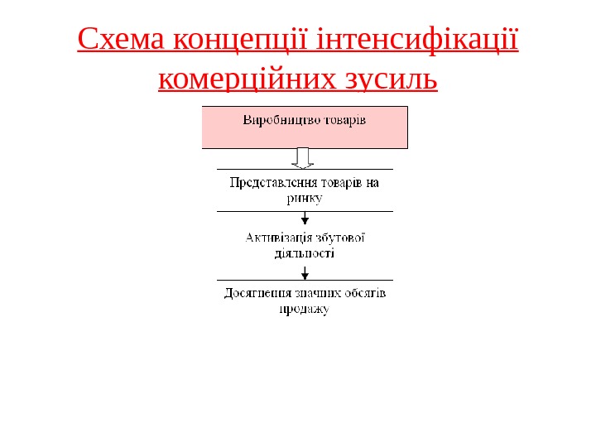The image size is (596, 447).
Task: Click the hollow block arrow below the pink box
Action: (305, 158)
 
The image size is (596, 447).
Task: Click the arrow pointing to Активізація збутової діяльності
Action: (305, 219)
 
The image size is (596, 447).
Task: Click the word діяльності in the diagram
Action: (305, 253)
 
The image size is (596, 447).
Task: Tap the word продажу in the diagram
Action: (303, 310)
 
